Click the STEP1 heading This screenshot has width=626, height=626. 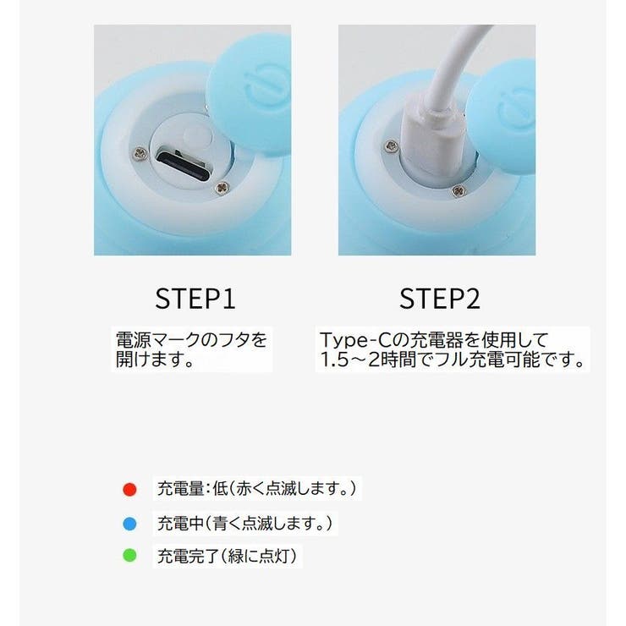click(x=195, y=299)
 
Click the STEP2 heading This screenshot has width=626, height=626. click(x=439, y=299)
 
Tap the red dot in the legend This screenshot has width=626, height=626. click(x=129, y=489)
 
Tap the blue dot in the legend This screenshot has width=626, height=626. click(x=129, y=524)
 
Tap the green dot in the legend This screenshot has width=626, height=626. click(x=129, y=557)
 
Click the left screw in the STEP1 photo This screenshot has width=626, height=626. click(x=138, y=152)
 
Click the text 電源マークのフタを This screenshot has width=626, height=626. click(x=191, y=340)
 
